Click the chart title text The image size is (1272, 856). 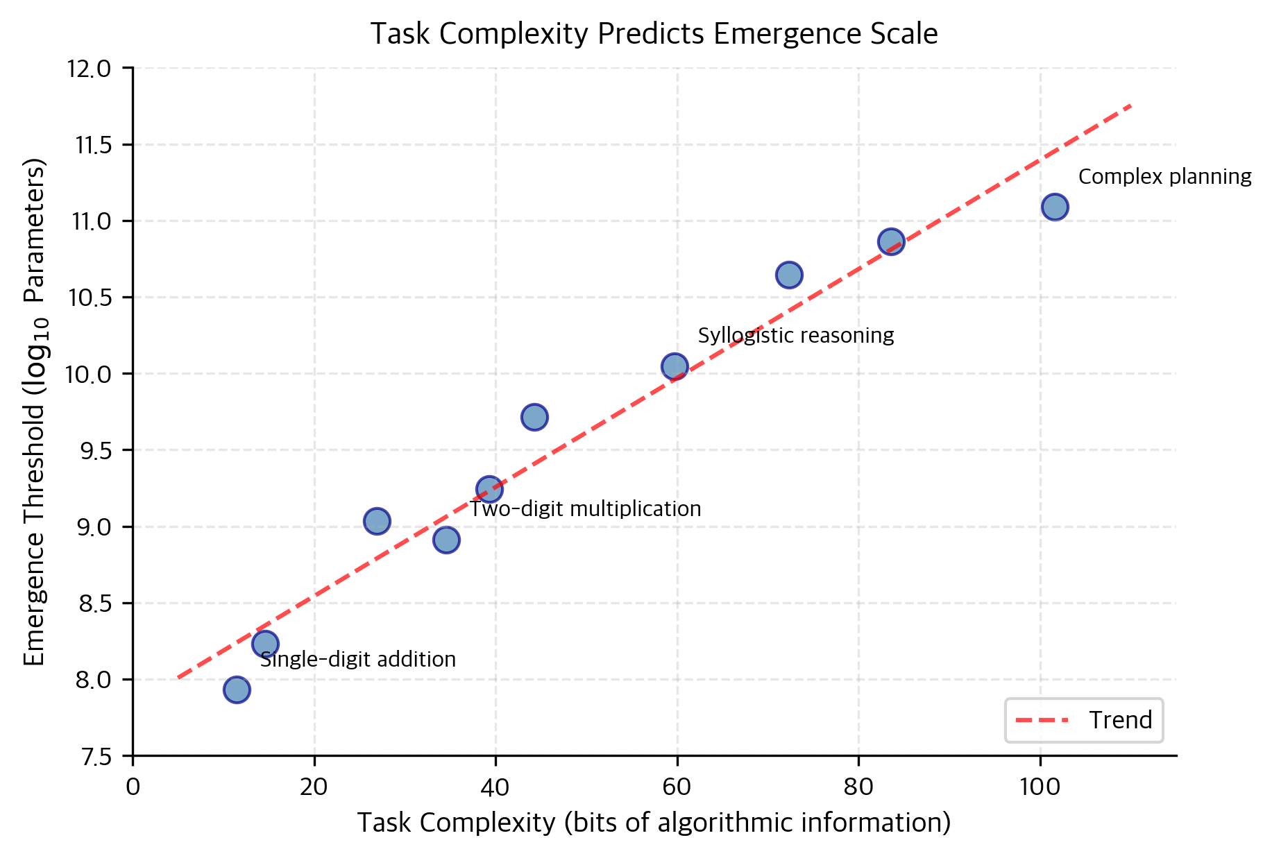click(654, 34)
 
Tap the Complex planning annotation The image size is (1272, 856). click(1164, 177)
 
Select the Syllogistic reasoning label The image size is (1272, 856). click(795, 336)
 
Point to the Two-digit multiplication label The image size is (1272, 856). click(586, 509)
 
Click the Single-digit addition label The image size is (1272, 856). click(358, 659)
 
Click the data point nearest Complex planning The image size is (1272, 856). click(1054, 207)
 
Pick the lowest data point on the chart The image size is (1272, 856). click(237, 690)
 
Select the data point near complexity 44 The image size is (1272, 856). click(534, 417)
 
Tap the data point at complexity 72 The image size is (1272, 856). click(789, 275)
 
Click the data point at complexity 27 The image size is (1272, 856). click(377, 521)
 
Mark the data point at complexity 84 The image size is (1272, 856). click(891, 241)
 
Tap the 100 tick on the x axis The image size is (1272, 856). click(1040, 788)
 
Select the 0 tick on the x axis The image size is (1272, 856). click(133, 788)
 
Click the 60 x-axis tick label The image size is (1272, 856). click(677, 788)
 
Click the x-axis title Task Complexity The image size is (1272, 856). click(654, 823)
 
